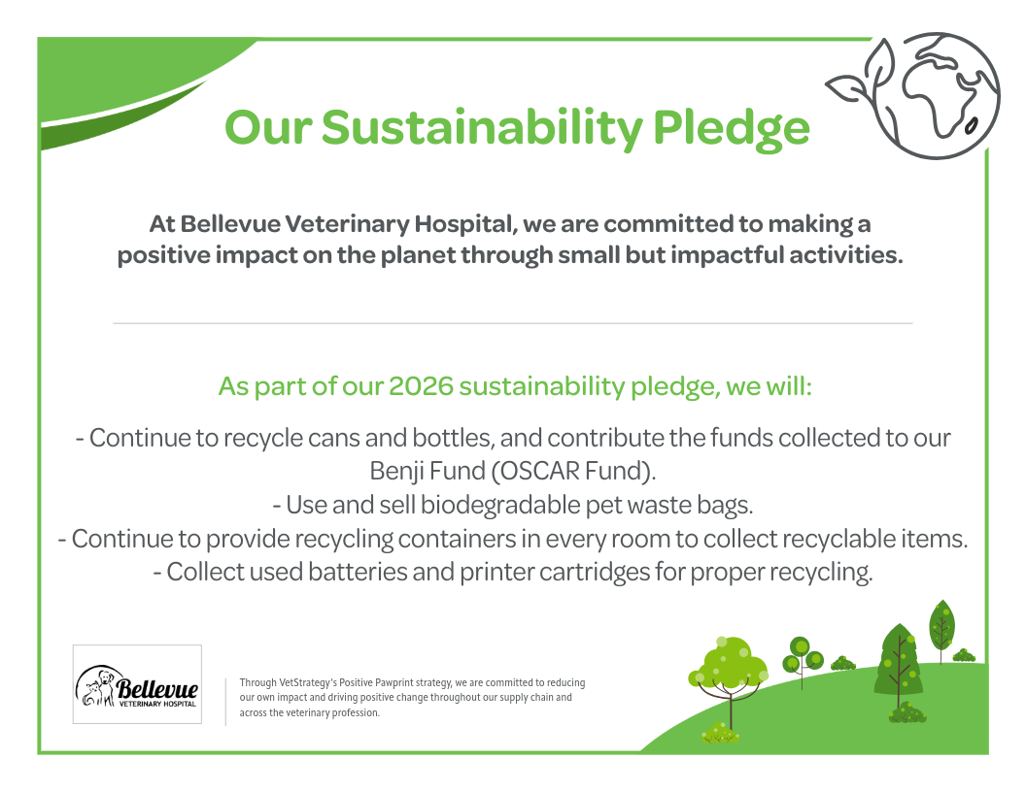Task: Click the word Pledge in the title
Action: click(x=732, y=129)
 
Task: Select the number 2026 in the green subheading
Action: click(x=421, y=386)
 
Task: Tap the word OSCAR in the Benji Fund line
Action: click(x=539, y=471)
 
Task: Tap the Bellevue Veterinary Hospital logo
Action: click(x=137, y=684)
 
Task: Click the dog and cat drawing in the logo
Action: click(x=95, y=687)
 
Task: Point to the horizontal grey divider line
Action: click(x=513, y=323)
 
